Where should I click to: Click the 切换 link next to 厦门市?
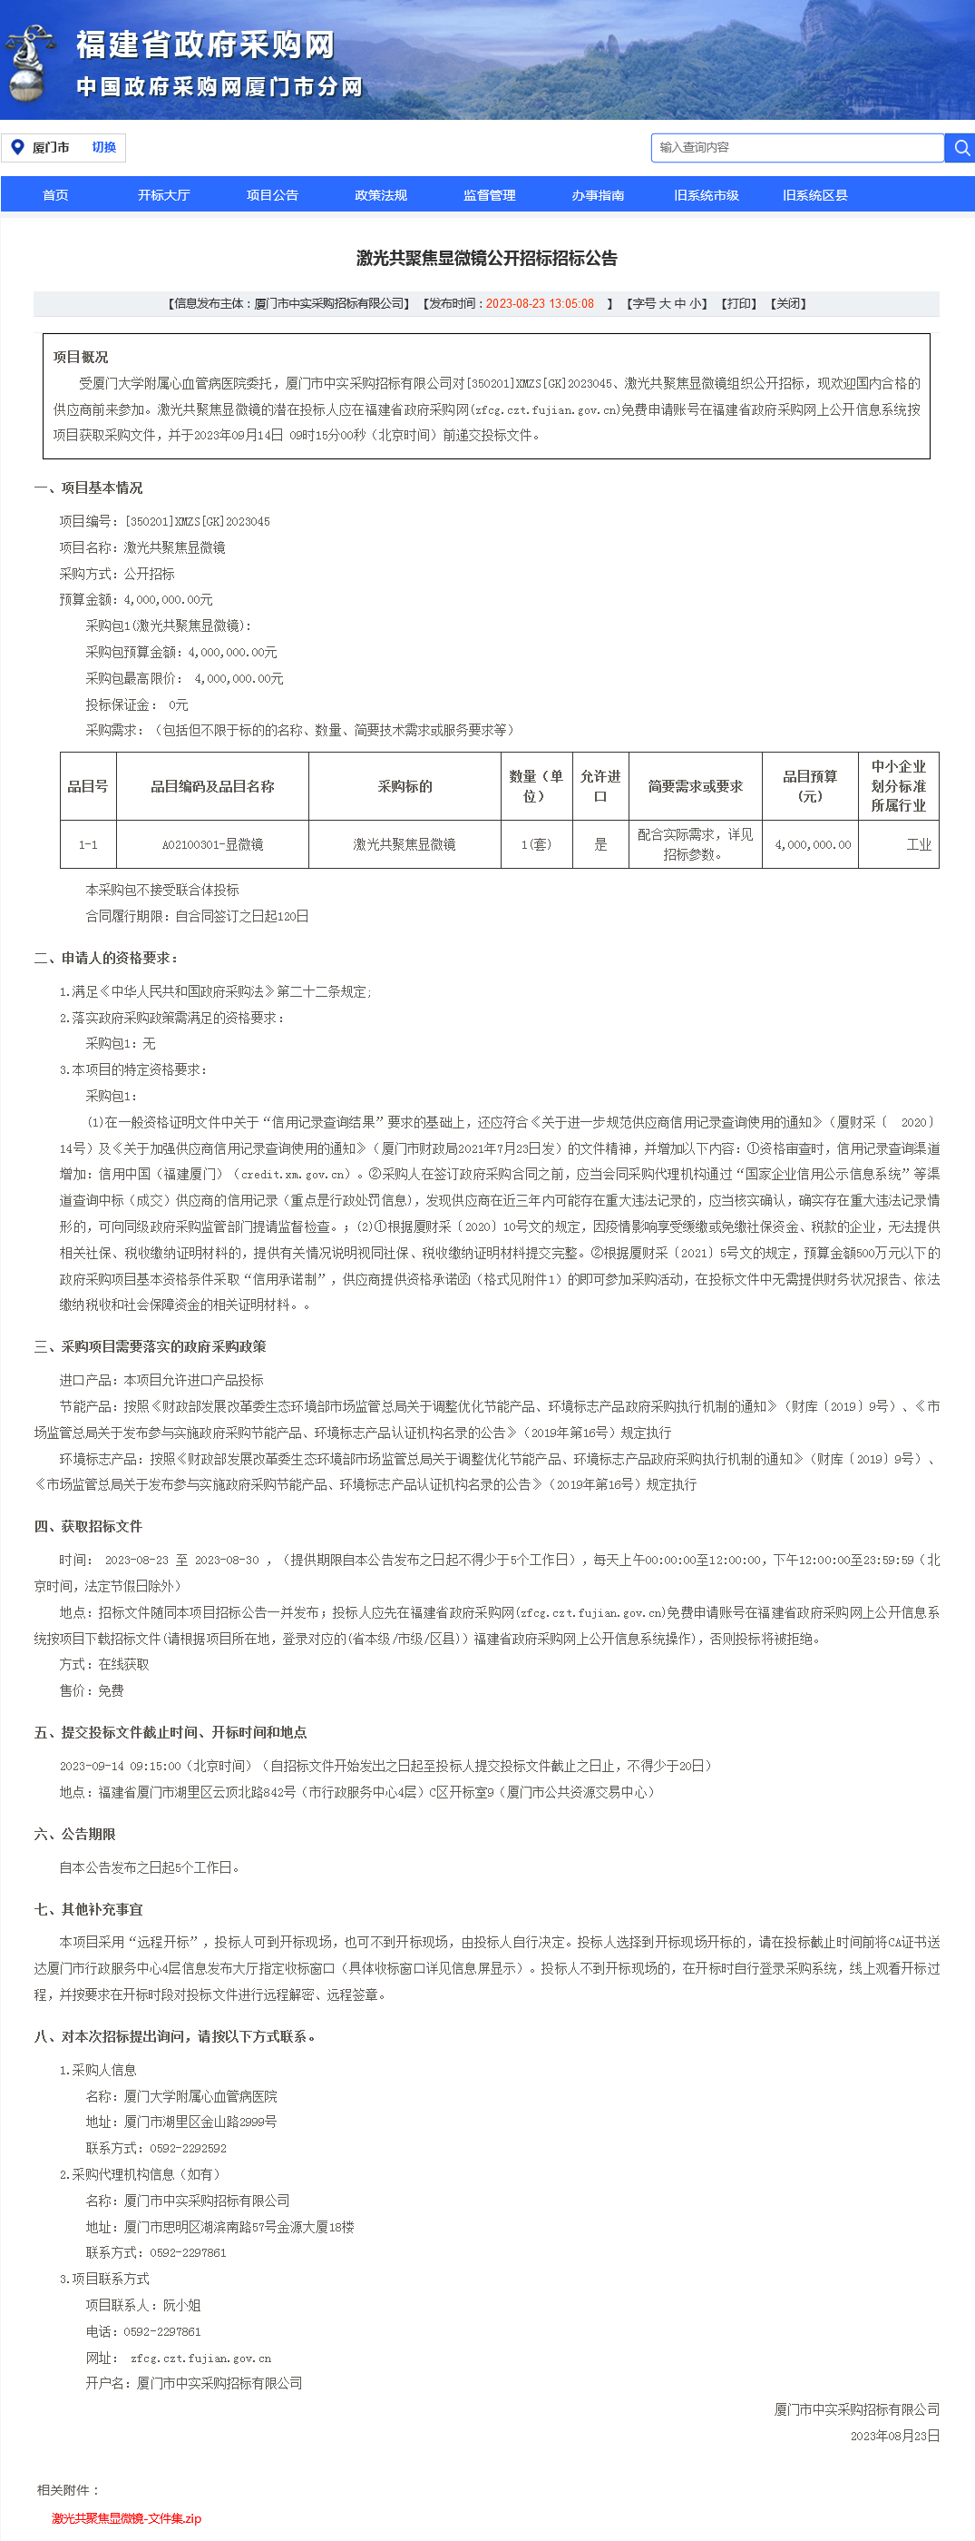tap(103, 147)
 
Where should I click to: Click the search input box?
tap(796, 147)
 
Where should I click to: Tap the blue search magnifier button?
tap(961, 147)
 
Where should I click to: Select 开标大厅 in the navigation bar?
tap(163, 195)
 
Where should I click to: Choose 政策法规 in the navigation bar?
tap(381, 195)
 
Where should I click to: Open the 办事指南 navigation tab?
tap(598, 195)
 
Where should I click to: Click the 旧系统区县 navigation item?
tap(814, 195)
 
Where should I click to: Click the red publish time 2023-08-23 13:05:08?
tap(540, 304)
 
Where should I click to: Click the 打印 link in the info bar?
tap(738, 304)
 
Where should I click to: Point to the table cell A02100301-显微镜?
tap(212, 844)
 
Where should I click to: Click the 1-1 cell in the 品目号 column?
tap(88, 844)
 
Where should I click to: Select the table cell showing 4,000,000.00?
tap(813, 844)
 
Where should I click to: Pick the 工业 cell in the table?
tap(918, 844)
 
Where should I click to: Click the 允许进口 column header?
tap(600, 786)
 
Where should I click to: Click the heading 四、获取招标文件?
tap(88, 1526)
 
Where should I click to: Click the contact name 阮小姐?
tap(181, 2305)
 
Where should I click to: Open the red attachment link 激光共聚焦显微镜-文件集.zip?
tap(126, 2518)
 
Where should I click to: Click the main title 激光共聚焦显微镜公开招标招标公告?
tap(487, 259)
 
